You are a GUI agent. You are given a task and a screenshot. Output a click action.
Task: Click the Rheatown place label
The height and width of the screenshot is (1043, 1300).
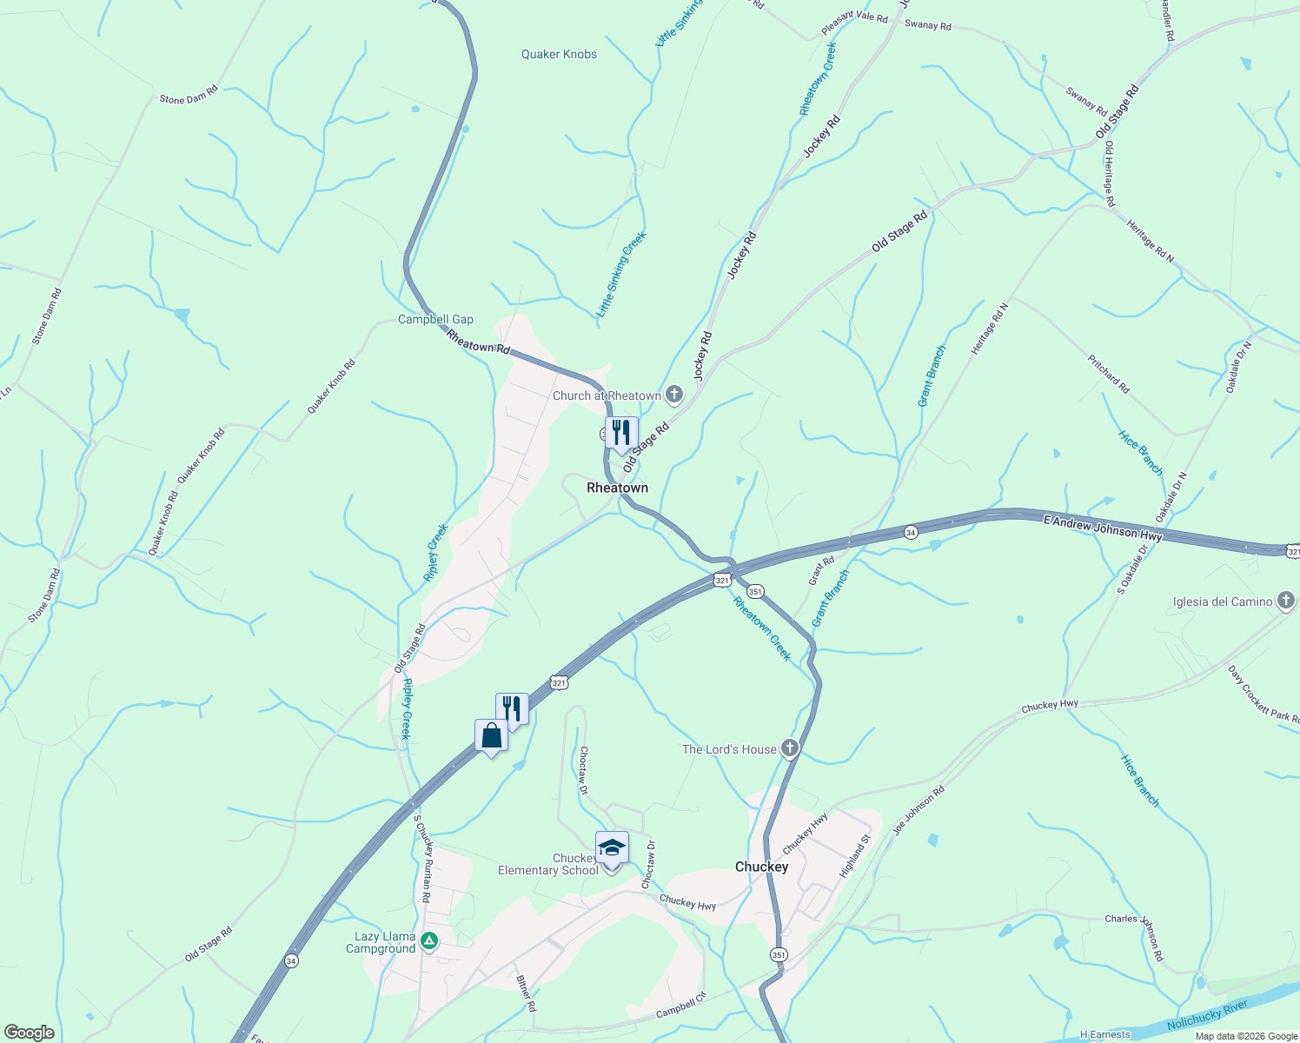(x=617, y=488)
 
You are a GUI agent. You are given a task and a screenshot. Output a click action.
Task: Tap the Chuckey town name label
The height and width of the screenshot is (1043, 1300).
(x=761, y=867)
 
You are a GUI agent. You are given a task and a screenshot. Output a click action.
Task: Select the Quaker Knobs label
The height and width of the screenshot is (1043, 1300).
(x=559, y=54)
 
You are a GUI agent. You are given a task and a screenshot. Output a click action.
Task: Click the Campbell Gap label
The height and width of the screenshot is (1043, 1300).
(x=435, y=319)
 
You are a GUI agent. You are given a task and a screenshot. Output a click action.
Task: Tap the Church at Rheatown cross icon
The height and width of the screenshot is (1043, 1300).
(x=673, y=395)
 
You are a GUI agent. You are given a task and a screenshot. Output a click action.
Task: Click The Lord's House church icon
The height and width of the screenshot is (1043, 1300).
(x=789, y=748)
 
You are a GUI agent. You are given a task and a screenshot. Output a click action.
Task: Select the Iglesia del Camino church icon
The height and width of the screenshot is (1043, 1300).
(x=1286, y=601)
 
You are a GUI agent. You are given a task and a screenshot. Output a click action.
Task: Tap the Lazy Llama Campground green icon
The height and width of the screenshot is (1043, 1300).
(x=428, y=940)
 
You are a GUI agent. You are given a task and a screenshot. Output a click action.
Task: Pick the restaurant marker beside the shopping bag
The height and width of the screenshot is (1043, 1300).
(x=512, y=709)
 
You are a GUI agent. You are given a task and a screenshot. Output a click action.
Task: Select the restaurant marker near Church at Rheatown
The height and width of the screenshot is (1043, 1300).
(x=621, y=432)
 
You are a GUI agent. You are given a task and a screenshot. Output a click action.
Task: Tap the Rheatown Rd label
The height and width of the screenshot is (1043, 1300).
(x=478, y=341)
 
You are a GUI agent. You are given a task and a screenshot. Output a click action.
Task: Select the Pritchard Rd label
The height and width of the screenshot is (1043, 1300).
(x=1108, y=373)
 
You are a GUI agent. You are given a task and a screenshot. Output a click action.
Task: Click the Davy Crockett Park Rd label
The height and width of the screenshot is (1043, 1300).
(x=1264, y=694)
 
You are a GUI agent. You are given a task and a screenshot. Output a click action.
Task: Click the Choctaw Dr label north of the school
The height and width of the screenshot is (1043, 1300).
(x=584, y=770)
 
